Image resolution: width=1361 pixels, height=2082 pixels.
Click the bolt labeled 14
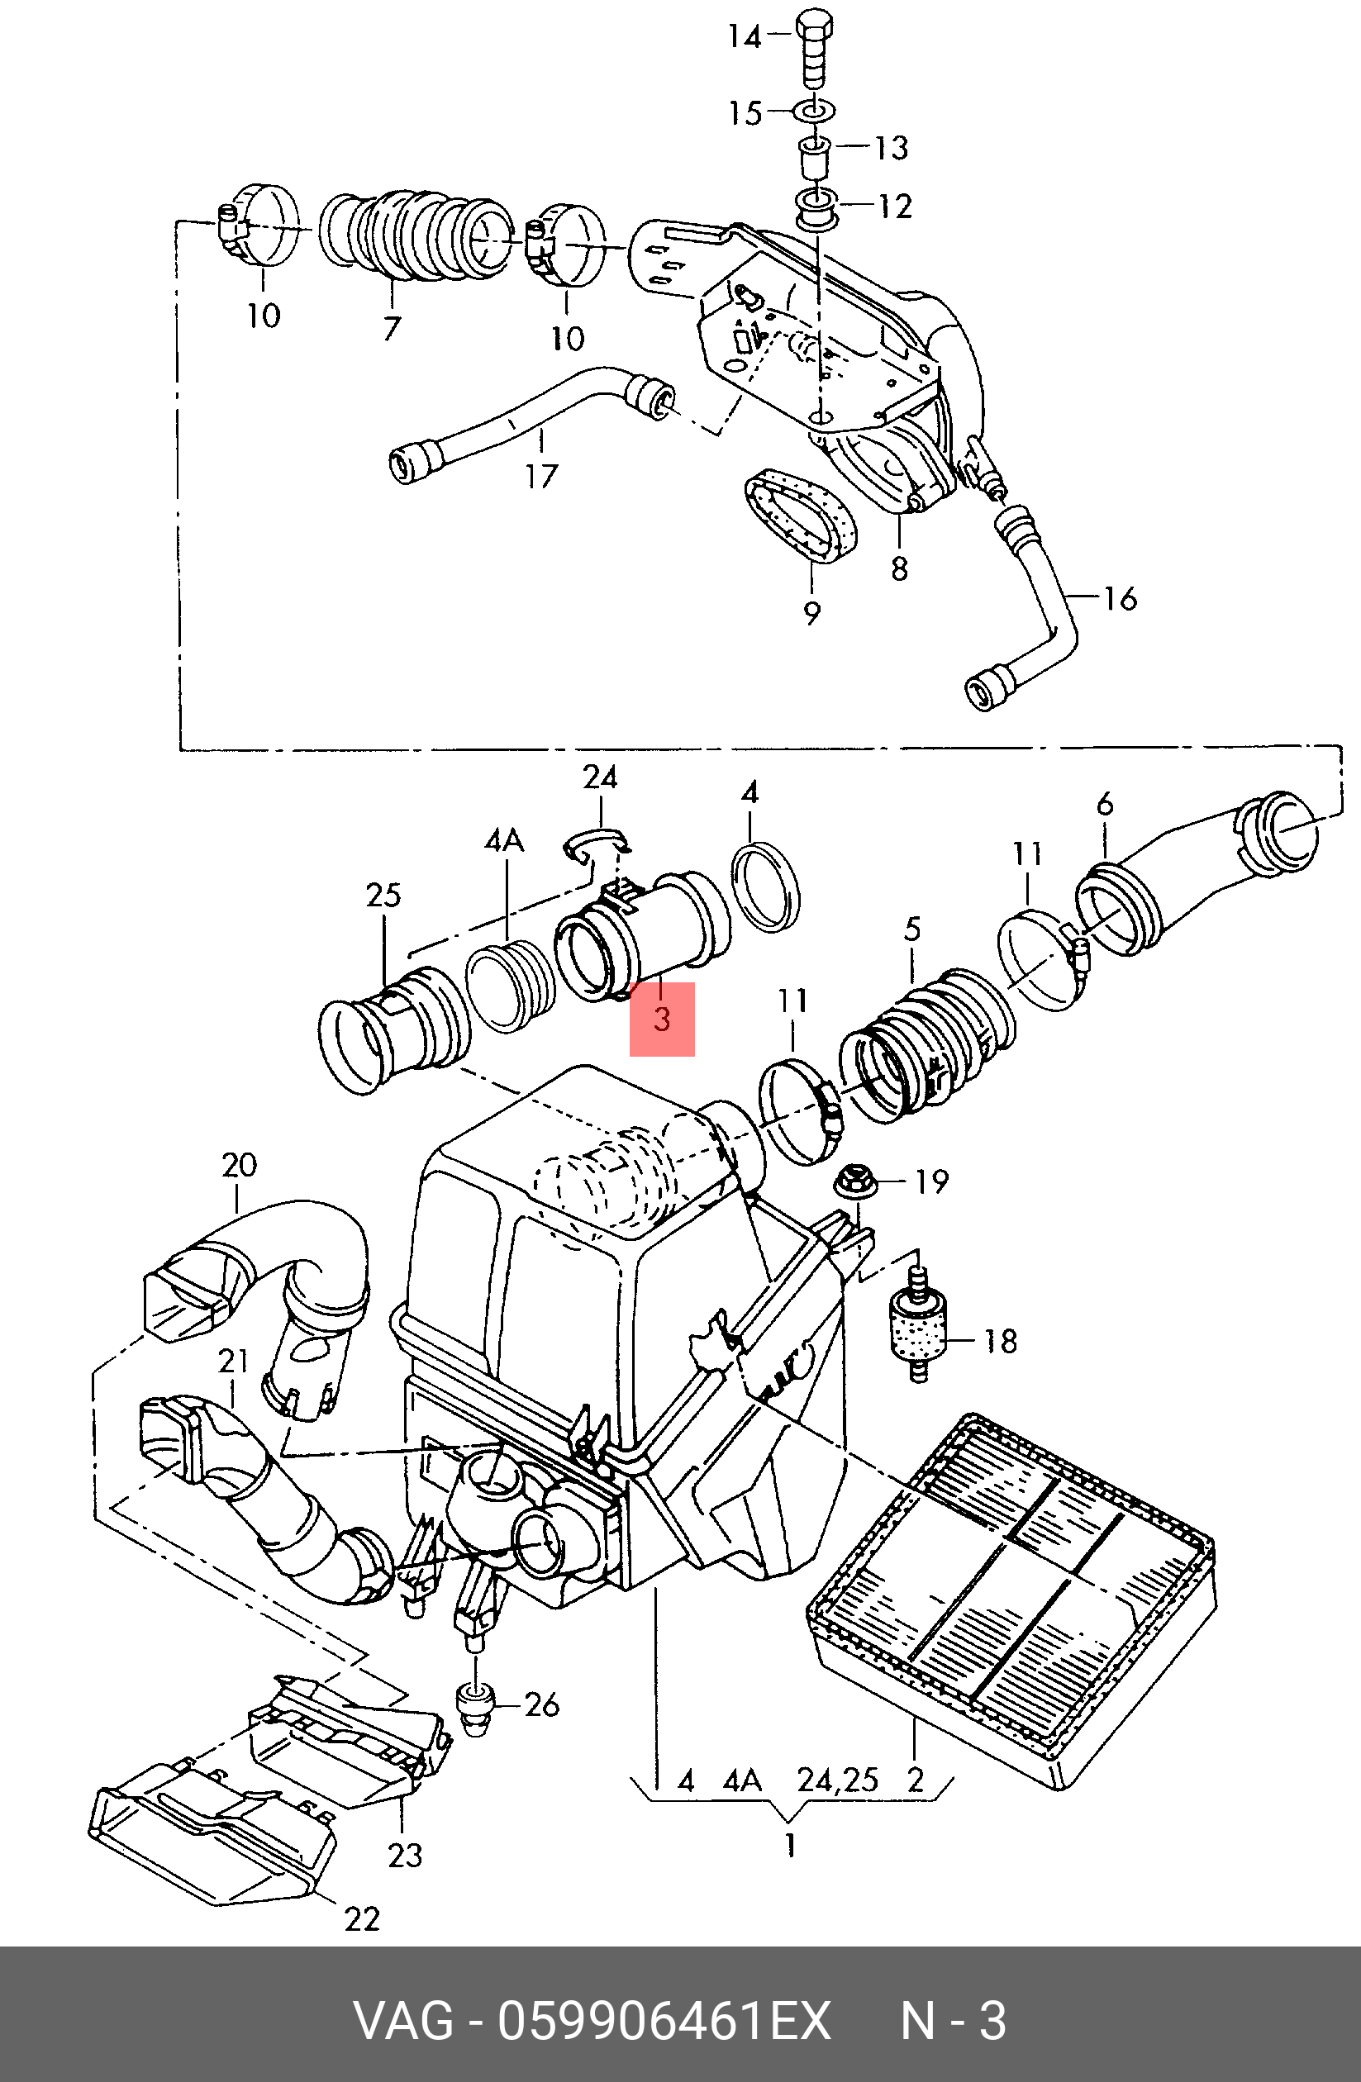pos(813,48)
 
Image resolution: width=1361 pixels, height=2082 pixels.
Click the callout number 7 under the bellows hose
pos(391,328)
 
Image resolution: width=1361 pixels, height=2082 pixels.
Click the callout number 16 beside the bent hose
pos(1120,598)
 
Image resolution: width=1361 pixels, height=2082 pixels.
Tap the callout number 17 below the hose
pos(541,476)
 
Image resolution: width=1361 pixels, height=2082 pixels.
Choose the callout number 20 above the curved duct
pos(239,1165)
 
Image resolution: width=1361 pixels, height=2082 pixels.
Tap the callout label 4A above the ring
pos(504,842)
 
